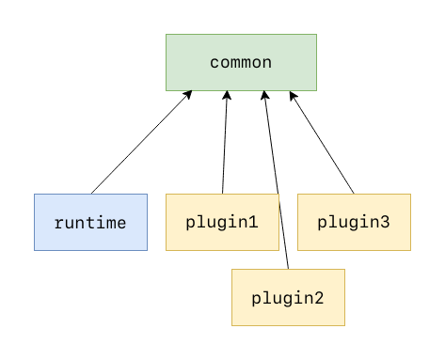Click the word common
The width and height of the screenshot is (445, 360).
[241, 63]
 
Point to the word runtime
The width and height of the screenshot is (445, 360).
[90, 223]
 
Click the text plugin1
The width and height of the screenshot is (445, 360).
[222, 223]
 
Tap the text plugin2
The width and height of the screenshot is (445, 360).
[288, 298]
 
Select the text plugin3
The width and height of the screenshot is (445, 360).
[354, 223]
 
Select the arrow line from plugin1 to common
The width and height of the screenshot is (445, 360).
[225, 142]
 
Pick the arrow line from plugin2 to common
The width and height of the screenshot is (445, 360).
[276, 179]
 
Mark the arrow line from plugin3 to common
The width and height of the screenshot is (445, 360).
[322, 142]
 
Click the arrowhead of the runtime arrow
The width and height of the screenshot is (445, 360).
[189, 94]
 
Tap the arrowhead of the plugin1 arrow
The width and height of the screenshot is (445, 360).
[227, 94]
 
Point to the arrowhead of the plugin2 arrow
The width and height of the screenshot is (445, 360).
[264, 94]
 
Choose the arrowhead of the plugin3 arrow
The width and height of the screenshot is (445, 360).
[293, 94]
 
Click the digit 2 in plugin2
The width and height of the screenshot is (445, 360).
[319, 298]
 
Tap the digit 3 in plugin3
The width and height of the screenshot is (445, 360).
[385, 223]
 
